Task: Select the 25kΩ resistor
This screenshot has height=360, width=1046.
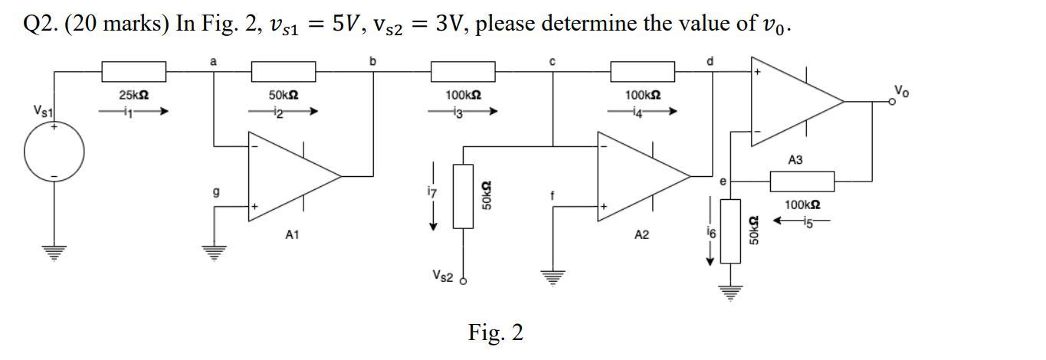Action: [x=133, y=72]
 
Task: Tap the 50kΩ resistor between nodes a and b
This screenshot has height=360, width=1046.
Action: [x=283, y=72]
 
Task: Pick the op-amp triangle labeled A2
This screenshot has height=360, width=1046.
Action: [x=640, y=175]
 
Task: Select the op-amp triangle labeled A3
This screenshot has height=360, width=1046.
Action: [x=793, y=100]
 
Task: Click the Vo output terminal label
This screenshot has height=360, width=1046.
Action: [x=901, y=91]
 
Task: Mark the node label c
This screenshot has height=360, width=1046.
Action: [x=553, y=61]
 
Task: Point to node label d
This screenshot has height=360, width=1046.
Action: [x=710, y=61]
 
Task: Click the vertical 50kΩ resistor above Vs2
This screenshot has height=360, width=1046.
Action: [x=463, y=196]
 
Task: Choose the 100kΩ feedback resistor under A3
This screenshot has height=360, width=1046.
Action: [x=802, y=182]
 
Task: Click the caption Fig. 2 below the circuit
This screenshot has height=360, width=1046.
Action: [x=495, y=332]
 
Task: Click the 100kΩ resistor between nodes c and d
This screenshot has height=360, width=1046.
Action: [x=642, y=72]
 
